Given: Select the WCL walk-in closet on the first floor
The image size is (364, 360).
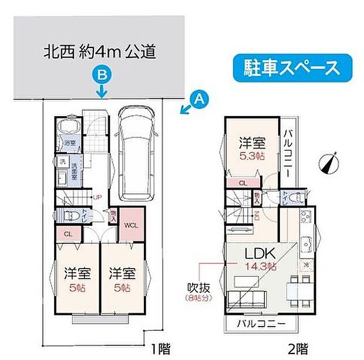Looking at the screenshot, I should [129, 224].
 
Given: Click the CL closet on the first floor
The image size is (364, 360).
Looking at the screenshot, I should [68, 234].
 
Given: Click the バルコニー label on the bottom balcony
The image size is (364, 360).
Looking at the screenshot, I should [261, 324].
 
